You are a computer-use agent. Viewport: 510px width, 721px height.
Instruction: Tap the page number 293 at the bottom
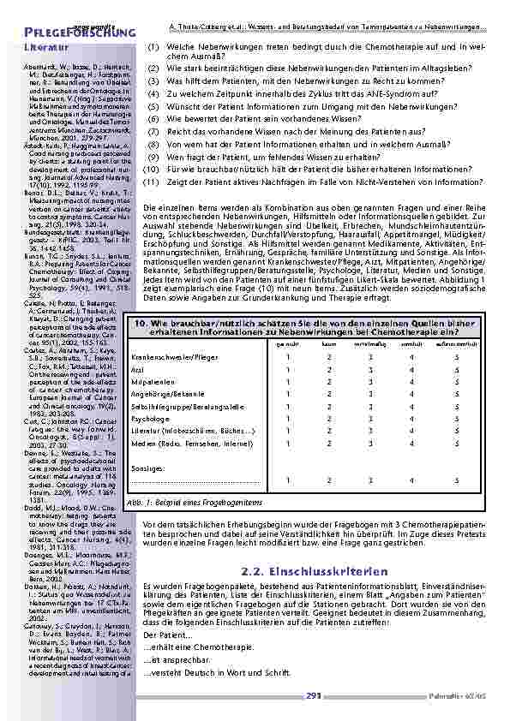[x=313, y=695]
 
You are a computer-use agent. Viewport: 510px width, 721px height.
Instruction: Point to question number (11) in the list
[x=152, y=182]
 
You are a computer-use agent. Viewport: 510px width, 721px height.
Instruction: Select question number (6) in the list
[x=153, y=122]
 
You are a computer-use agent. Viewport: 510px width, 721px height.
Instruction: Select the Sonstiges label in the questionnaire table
[x=147, y=468]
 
